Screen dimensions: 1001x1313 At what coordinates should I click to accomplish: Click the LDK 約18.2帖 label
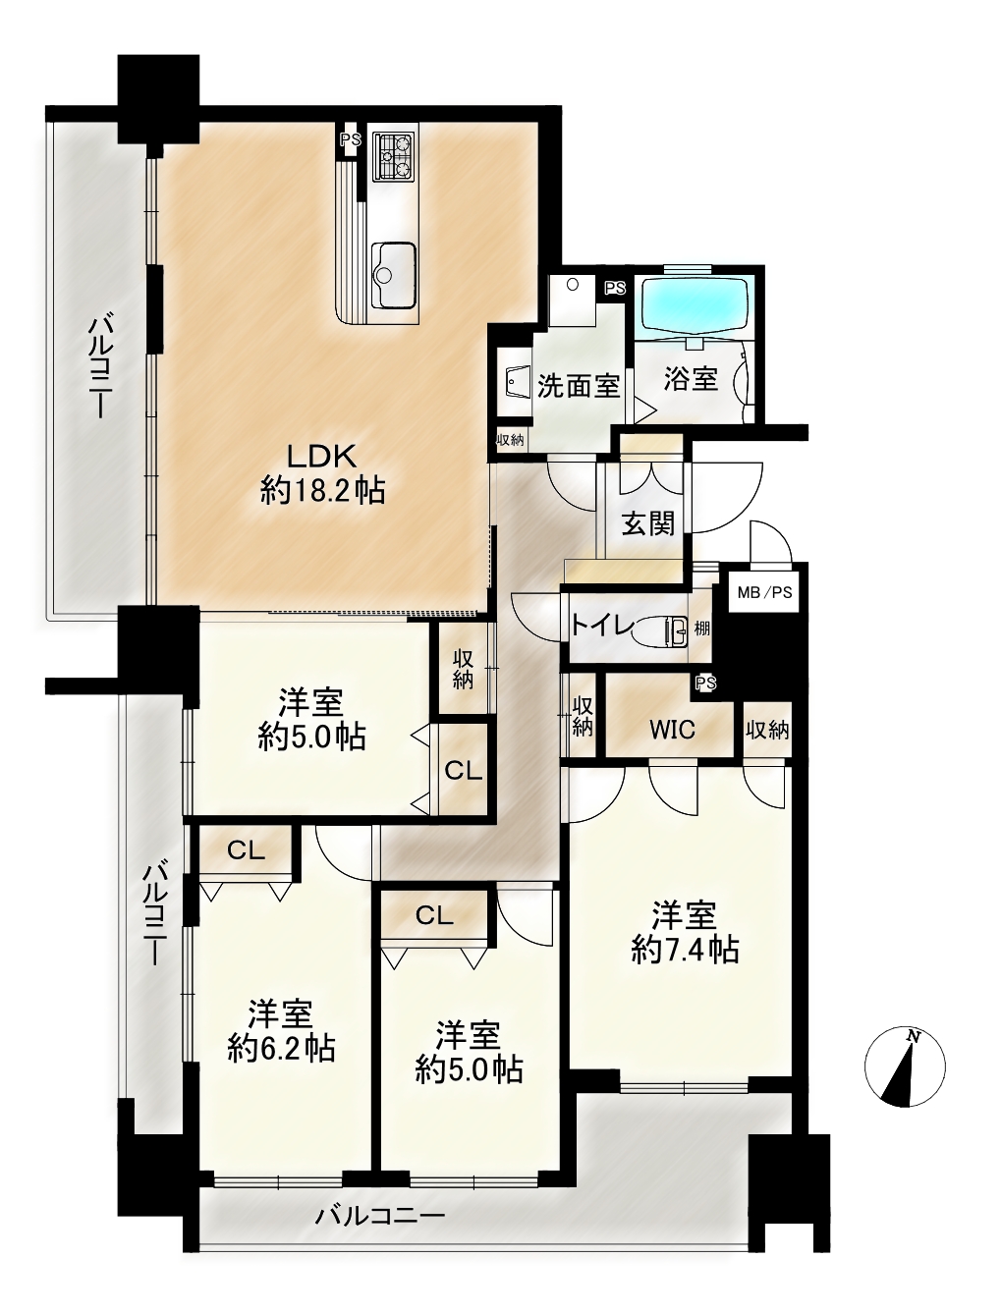coord(322,474)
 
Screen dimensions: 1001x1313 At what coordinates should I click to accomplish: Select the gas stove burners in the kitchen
coord(394,155)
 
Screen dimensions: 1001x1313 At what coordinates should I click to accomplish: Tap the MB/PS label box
coord(764,592)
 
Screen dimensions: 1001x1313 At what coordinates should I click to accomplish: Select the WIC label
coord(672,730)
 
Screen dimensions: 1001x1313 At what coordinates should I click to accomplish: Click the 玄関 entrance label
coord(648,524)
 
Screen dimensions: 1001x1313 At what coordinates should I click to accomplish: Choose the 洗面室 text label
coord(578,385)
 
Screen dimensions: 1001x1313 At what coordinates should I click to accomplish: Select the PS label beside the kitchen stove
coord(351,140)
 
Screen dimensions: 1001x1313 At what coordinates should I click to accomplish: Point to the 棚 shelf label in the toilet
coord(701,629)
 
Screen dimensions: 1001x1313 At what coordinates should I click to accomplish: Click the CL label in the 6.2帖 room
coord(247,850)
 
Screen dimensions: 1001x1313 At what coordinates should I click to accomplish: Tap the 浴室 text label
coord(691,379)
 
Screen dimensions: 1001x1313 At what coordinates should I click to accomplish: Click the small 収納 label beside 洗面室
coord(510,440)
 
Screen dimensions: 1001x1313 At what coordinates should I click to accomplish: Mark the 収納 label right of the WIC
coord(767,730)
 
